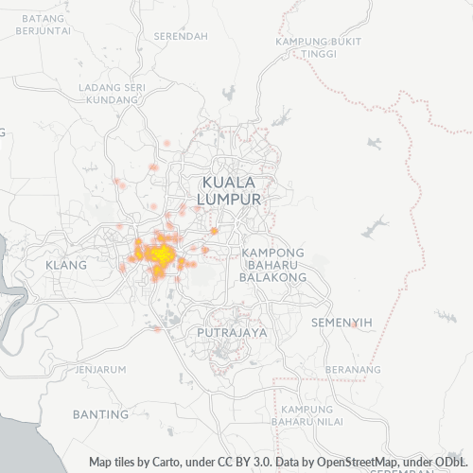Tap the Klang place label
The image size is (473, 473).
pos(65,266)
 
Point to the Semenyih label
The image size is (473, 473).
pos(342,323)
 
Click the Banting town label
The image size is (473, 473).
pos(100,414)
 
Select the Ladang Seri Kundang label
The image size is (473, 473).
pos(112,94)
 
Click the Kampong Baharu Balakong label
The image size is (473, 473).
pos(272,266)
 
